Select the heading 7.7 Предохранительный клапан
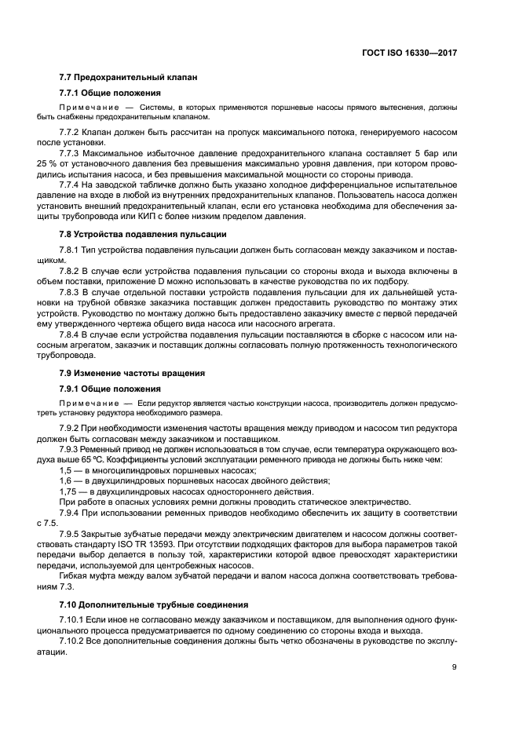coord(128,77)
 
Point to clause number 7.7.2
coord(72,133)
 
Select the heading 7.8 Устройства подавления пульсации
coord(143,234)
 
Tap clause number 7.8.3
coord(72,291)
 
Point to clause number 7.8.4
coord(72,333)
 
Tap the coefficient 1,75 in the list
coord(68,491)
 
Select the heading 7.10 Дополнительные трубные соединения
coord(154,604)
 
